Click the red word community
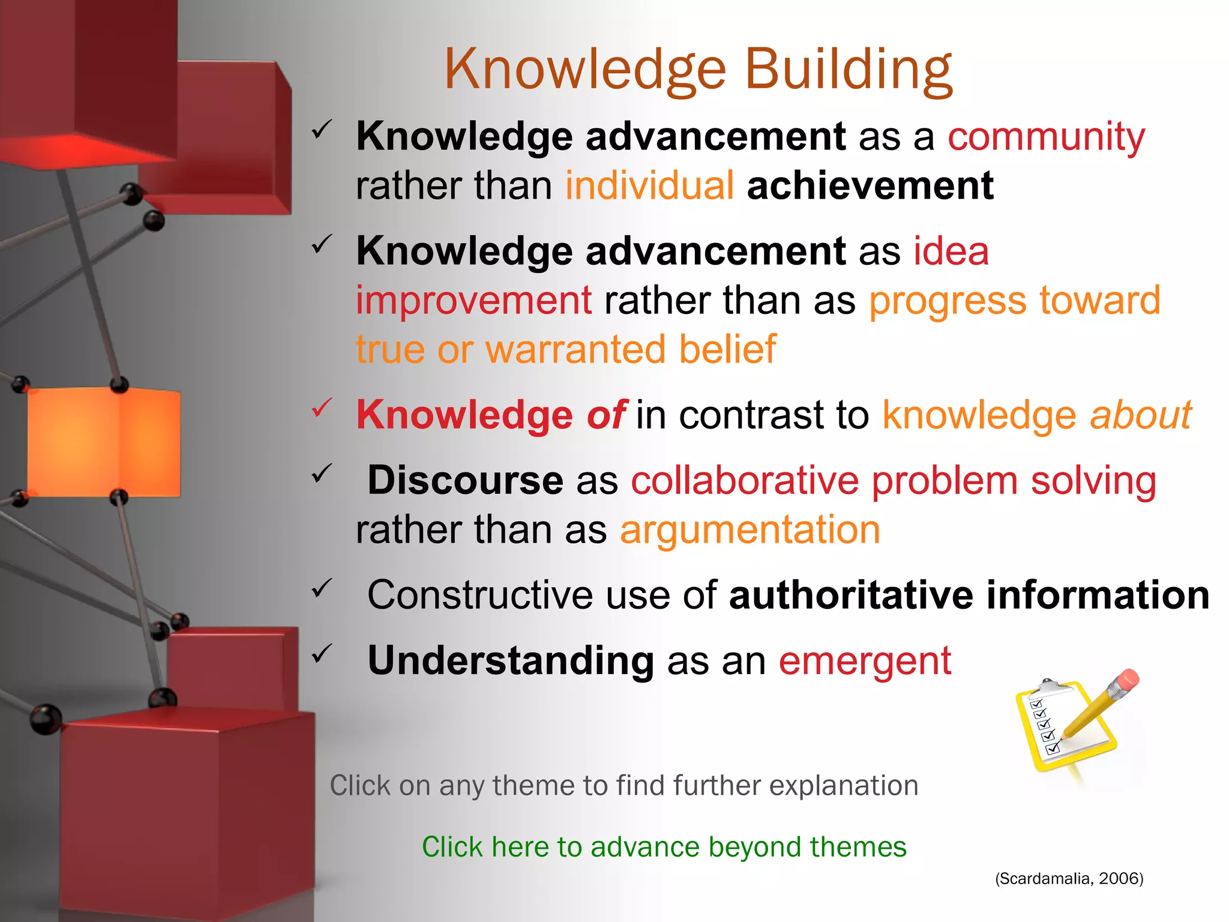click(1046, 136)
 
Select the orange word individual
click(649, 185)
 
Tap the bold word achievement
click(870, 185)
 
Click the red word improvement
click(473, 300)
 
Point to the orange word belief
click(727, 349)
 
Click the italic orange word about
click(1140, 415)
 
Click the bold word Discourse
click(465, 481)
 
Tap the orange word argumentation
click(750, 531)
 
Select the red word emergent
click(865, 661)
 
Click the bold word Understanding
click(510, 661)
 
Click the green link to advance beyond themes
click(664, 847)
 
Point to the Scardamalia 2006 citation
click(1069, 879)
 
